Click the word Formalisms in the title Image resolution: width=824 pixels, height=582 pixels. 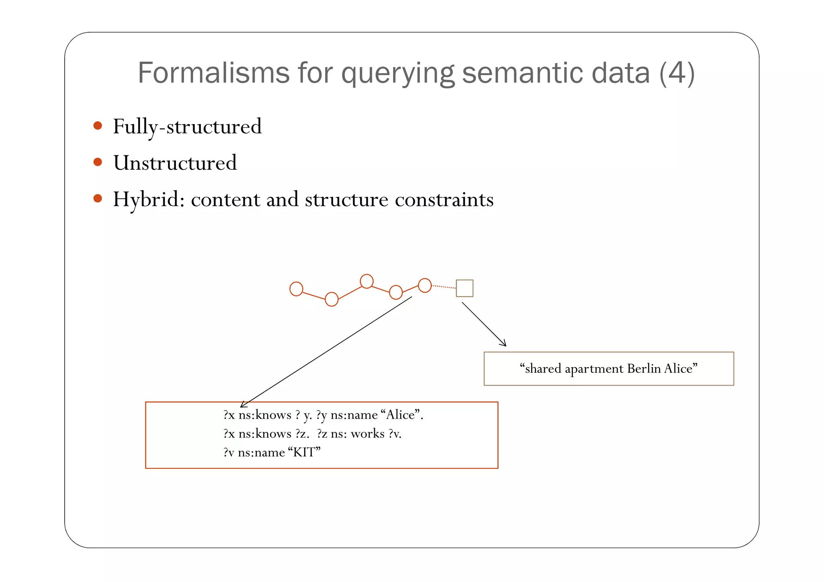click(x=213, y=73)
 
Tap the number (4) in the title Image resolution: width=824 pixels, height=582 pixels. click(x=677, y=73)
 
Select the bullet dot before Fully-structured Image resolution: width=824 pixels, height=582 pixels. click(x=98, y=125)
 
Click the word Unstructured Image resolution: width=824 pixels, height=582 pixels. click(x=175, y=163)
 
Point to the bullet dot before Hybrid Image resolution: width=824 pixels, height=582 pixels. click(x=98, y=198)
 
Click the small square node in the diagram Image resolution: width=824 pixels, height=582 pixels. click(x=464, y=288)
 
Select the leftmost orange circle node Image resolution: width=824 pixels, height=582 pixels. click(x=296, y=289)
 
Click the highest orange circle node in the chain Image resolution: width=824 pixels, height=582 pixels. click(x=367, y=281)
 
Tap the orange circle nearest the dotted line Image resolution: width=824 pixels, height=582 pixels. click(x=425, y=285)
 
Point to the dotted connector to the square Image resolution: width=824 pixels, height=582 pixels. click(x=444, y=287)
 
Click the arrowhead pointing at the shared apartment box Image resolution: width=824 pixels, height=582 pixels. click(x=503, y=343)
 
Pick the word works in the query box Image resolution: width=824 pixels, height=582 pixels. click(x=367, y=434)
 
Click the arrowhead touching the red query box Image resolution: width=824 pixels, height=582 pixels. click(x=243, y=404)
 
